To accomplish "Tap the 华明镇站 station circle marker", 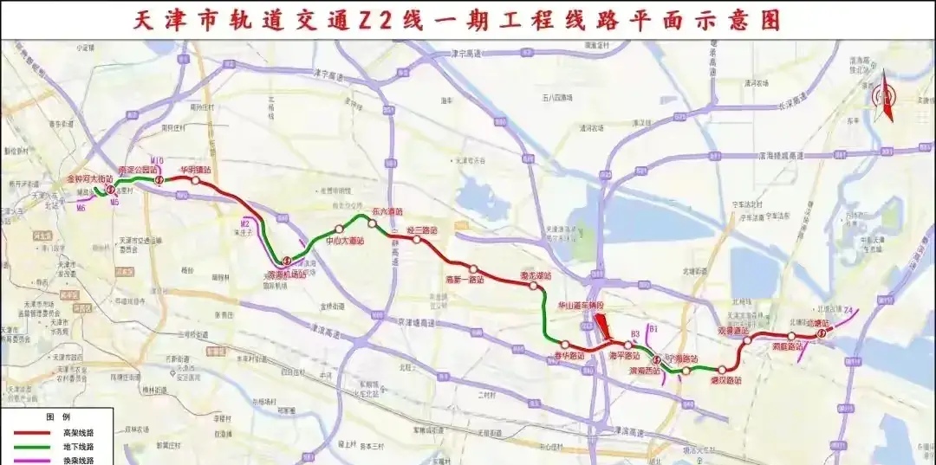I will [196, 181].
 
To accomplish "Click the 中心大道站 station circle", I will [339, 229].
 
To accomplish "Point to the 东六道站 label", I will [387, 210].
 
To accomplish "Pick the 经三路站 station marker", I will [417, 240].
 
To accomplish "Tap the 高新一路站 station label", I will [465, 280].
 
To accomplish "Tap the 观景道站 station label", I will [733, 330].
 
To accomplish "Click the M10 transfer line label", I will [157, 161].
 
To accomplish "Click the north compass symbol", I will [887, 98].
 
